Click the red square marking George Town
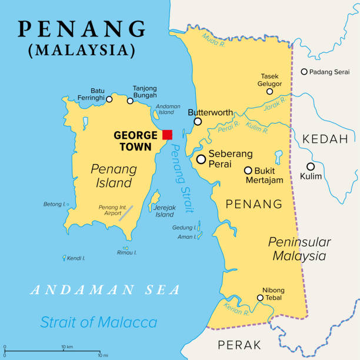pyautogui.click(x=168, y=135)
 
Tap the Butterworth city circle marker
pyautogui.click(x=198, y=122)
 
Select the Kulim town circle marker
pyautogui.click(x=311, y=166)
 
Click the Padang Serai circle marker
pyautogui.click(x=304, y=72)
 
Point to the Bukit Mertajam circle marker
pyautogui.click(x=248, y=171)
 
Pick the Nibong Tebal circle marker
pyautogui.click(x=260, y=298)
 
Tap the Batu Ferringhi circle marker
pyautogui.click(x=109, y=99)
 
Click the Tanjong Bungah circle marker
pyautogui.click(x=131, y=101)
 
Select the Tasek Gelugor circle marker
pyautogui.click(x=269, y=91)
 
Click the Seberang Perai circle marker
pyautogui.click(x=202, y=159)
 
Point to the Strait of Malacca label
pyautogui.click(x=99, y=322)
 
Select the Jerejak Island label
pyautogui.click(x=164, y=211)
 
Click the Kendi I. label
pyautogui.click(x=76, y=258)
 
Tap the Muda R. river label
pyautogui.click(x=211, y=39)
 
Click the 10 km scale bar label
pyautogui.click(x=66, y=346)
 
